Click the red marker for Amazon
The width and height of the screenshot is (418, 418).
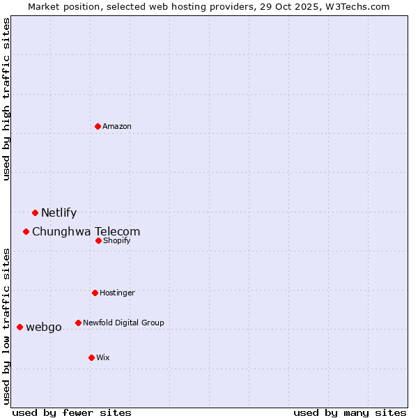pos(98,126)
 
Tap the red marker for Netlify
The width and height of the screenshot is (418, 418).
pos(35,212)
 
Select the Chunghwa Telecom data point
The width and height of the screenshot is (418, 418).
pos(26,231)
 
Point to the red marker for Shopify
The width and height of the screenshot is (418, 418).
pos(98,240)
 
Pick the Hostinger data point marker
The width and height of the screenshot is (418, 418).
pos(95,293)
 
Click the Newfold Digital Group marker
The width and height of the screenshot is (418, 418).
pos(78,323)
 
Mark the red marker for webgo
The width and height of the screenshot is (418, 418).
pos(20,327)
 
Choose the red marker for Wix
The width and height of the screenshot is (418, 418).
pos(91,357)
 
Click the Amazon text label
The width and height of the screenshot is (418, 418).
pos(117,126)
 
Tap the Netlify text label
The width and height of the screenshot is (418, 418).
pos(59,213)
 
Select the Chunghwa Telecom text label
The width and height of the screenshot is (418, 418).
pos(86,232)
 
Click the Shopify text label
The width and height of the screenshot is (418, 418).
pos(116,241)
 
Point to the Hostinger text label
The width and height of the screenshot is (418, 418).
pos(117,293)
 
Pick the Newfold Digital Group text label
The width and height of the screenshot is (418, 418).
pos(123,323)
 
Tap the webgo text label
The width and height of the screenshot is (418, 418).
pos(43,327)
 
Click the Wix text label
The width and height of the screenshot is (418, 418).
pos(102,358)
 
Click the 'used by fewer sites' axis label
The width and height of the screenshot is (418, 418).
pos(72,413)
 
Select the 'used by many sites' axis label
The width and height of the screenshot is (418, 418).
pos(350,413)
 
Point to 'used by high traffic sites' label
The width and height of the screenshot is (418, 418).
pos(7,100)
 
